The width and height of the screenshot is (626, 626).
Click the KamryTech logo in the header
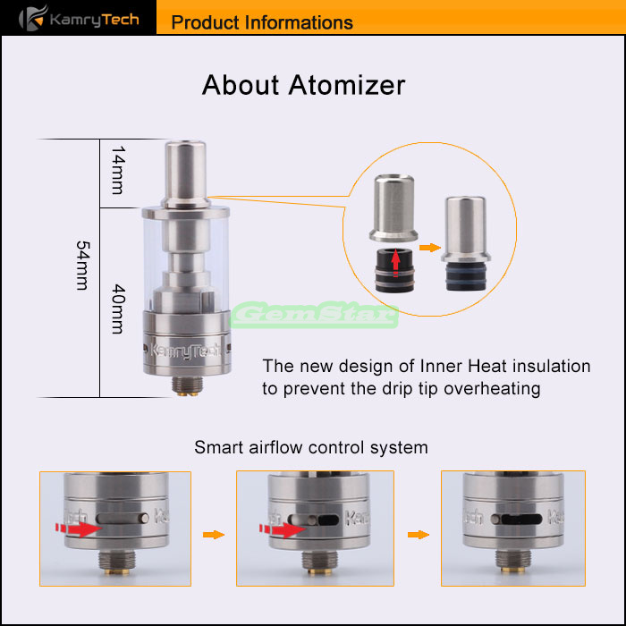79,19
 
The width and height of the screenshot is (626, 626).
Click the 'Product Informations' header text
262,22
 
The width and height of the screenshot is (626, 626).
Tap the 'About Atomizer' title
303,85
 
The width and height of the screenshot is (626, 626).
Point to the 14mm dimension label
118,170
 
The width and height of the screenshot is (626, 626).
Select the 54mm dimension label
82,265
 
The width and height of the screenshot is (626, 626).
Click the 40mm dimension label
118,309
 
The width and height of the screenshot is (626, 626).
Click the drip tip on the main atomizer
186,174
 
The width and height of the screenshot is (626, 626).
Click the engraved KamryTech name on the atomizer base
185,351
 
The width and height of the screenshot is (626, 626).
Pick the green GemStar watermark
315,315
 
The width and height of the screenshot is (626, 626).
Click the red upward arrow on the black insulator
395,262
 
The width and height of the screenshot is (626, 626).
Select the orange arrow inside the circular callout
430,248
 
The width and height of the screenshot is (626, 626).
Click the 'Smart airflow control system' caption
311,447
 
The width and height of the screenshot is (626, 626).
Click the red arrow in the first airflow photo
79,529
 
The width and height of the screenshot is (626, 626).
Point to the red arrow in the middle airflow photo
283,529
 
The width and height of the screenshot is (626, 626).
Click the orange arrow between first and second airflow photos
214,535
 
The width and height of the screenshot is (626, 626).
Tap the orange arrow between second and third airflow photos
419,535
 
